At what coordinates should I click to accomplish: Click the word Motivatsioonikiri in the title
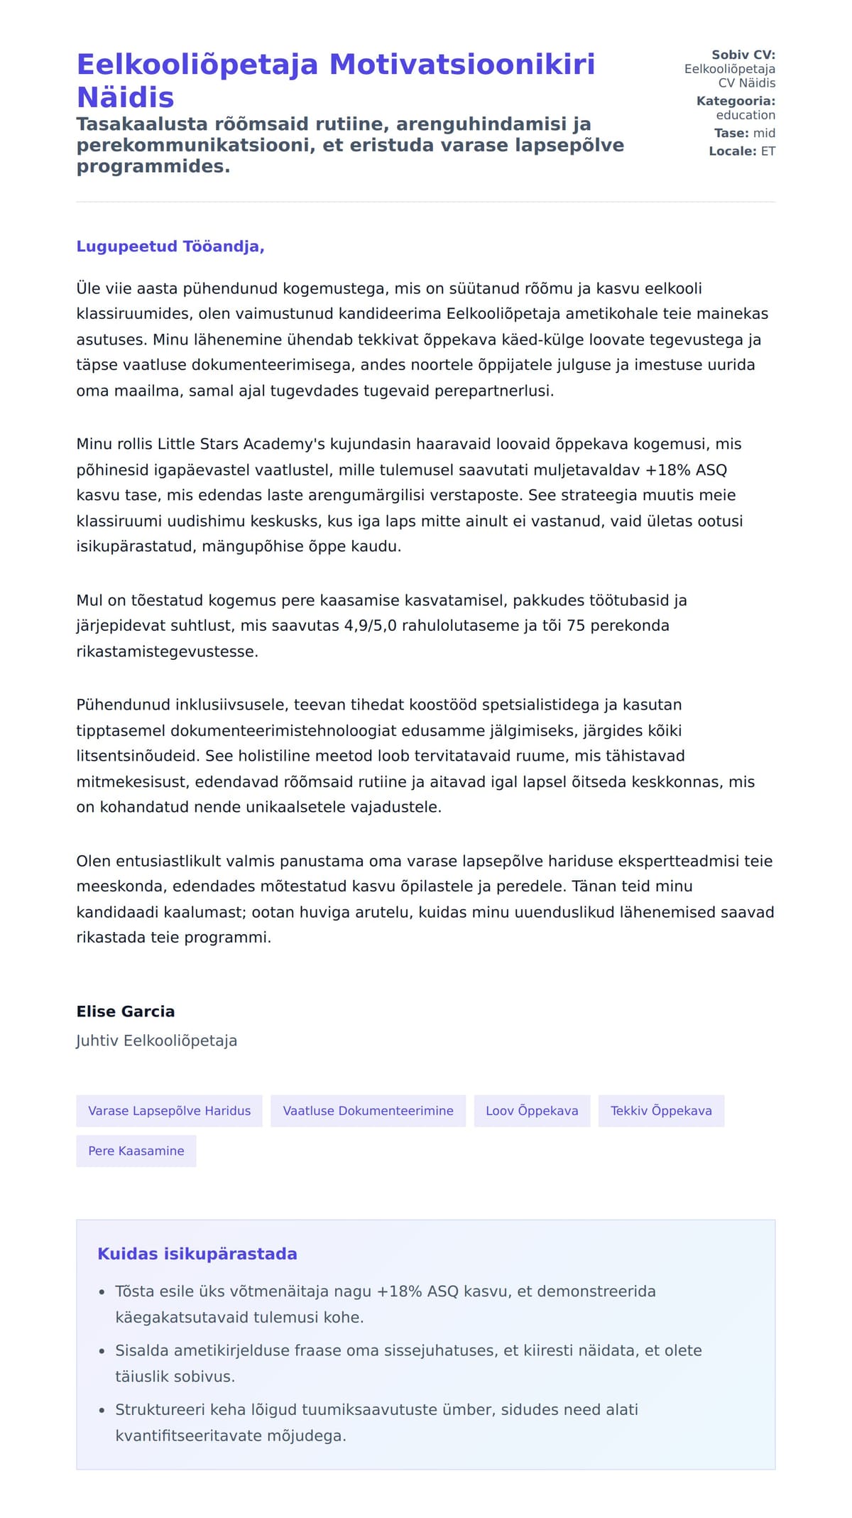click(x=461, y=65)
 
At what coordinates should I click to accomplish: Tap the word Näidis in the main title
click(x=125, y=97)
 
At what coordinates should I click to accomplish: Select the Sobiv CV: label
click(x=743, y=55)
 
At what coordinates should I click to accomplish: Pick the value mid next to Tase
click(x=764, y=133)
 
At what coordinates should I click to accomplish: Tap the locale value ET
click(x=768, y=151)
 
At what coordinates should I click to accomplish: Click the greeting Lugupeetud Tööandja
click(x=170, y=246)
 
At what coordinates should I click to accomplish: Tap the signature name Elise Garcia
click(x=126, y=1012)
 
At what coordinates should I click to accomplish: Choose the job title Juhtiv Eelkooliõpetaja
click(x=157, y=1041)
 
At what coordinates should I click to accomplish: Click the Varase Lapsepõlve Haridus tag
click(x=169, y=1111)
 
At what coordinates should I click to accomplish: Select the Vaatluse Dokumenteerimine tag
click(x=368, y=1111)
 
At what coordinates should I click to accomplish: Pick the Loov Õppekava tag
click(x=532, y=1111)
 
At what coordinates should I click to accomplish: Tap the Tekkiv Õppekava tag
click(x=661, y=1111)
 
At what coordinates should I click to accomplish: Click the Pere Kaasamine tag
click(x=136, y=1151)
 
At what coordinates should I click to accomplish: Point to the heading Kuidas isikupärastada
click(x=197, y=1254)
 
